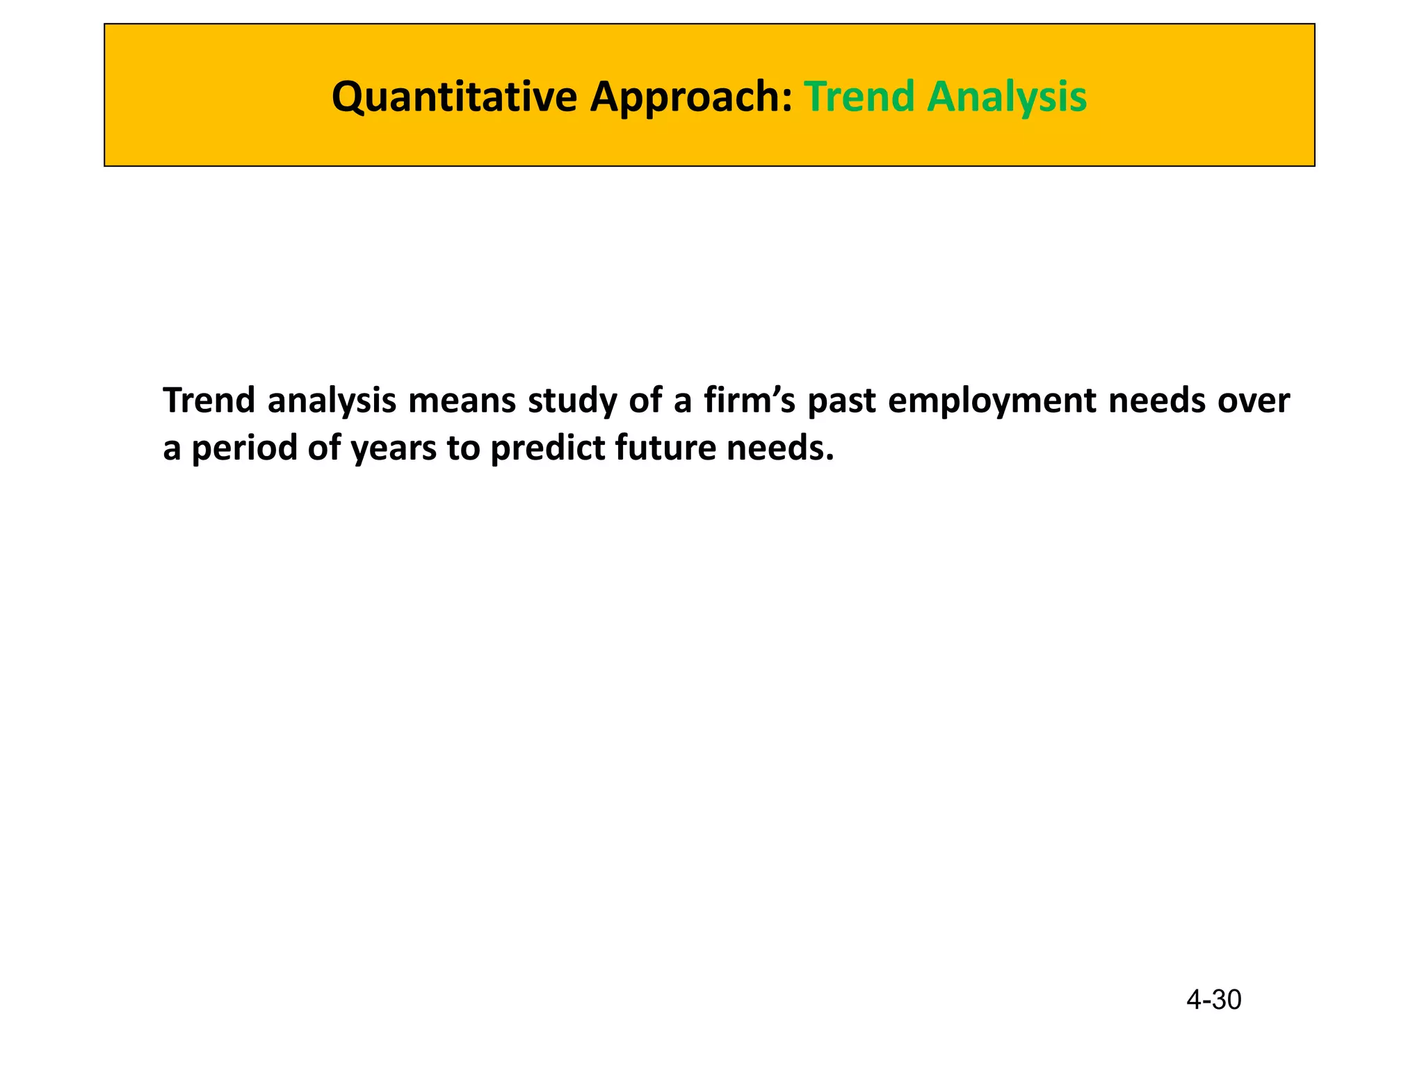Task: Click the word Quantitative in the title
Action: click(x=455, y=97)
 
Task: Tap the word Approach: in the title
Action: click(x=691, y=97)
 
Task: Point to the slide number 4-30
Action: click(x=1213, y=1000)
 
